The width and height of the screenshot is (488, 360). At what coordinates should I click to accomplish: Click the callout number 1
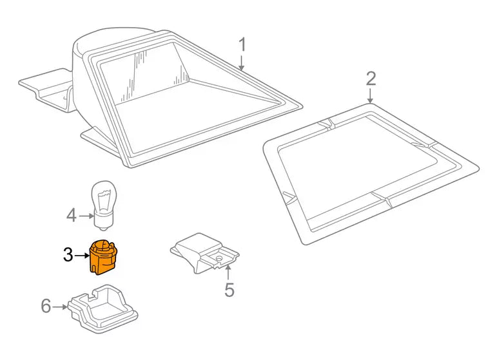click(242, 45)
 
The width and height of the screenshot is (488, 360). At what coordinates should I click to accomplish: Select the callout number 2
click(371, 79)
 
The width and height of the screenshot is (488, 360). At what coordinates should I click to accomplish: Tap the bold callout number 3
click(68, 255)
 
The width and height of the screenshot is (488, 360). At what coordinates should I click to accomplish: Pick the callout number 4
click(72, 216)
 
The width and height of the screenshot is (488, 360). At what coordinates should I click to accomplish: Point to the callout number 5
click(229, 290)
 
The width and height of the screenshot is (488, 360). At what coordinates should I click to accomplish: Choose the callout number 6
click(46, 306)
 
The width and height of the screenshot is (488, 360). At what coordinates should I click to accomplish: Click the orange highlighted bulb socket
click(102, 258)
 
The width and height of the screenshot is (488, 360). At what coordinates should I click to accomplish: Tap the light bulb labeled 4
click(103, 205)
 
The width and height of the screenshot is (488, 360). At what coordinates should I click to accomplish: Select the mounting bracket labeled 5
click(204, 253)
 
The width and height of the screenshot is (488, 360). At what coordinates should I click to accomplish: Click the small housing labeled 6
click(102, 308)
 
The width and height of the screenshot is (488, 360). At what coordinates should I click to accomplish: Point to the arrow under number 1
click(241, 63)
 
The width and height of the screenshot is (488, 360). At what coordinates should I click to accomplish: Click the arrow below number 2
click(370, 96)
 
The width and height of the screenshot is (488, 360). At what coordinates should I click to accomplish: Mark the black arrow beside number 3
click(82, 256)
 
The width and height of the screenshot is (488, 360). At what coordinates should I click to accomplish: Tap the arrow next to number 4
click(86, 216)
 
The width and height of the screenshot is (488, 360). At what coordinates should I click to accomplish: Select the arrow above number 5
click(228, 272)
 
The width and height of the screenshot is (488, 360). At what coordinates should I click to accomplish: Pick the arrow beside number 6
click(60, 307)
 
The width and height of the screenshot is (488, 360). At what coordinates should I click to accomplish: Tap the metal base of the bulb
click(103, 222)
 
